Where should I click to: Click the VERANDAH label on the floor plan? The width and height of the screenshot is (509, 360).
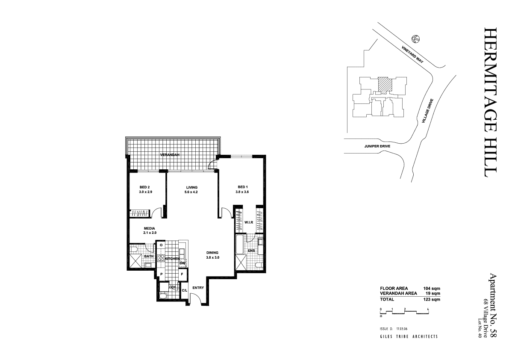[169, 154]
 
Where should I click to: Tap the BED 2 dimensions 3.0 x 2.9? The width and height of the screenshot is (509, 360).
[145, 192]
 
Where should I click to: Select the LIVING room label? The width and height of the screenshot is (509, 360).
[191, 187]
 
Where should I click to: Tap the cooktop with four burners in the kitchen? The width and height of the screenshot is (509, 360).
[162, 258]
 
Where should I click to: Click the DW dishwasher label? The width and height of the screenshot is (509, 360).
[182, 263]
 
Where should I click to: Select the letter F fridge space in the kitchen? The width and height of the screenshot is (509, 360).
[182, 274]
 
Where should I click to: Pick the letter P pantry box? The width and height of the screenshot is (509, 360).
[161, 274]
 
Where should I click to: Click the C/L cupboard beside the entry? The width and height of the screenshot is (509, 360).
[185, 290]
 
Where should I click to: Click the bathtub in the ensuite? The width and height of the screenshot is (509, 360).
[239, 244]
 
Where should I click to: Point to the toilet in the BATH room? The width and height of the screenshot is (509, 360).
[133, 248]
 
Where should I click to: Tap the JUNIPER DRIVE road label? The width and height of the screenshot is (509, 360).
[377, 145]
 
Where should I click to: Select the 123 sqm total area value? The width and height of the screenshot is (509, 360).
[432, 300]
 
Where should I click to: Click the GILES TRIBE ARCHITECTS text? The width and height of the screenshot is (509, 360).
[409, 336]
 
